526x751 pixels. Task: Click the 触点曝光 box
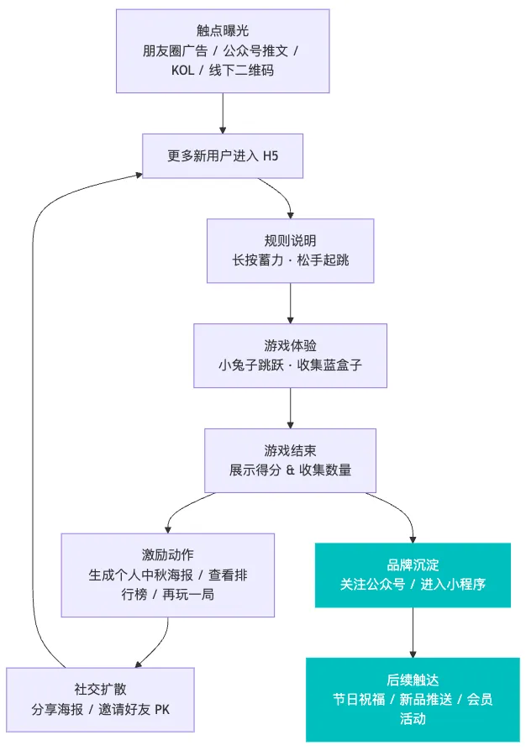222,50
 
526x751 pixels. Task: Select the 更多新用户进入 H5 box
222,156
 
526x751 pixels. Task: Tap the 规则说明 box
290,250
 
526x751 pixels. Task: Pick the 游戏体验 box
290,355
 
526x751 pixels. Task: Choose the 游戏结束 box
290,460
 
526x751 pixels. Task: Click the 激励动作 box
168,575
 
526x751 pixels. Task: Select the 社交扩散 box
100,699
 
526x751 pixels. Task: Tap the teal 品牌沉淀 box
413,575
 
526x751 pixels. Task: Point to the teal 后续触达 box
413,699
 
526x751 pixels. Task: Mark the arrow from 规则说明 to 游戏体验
290,303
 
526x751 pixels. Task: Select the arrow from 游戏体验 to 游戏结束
290,408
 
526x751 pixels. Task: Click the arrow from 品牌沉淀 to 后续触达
413,632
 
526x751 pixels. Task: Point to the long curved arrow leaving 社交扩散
34,420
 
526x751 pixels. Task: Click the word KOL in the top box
182,71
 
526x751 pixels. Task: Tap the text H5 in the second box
270,156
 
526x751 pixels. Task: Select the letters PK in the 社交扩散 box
161,710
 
